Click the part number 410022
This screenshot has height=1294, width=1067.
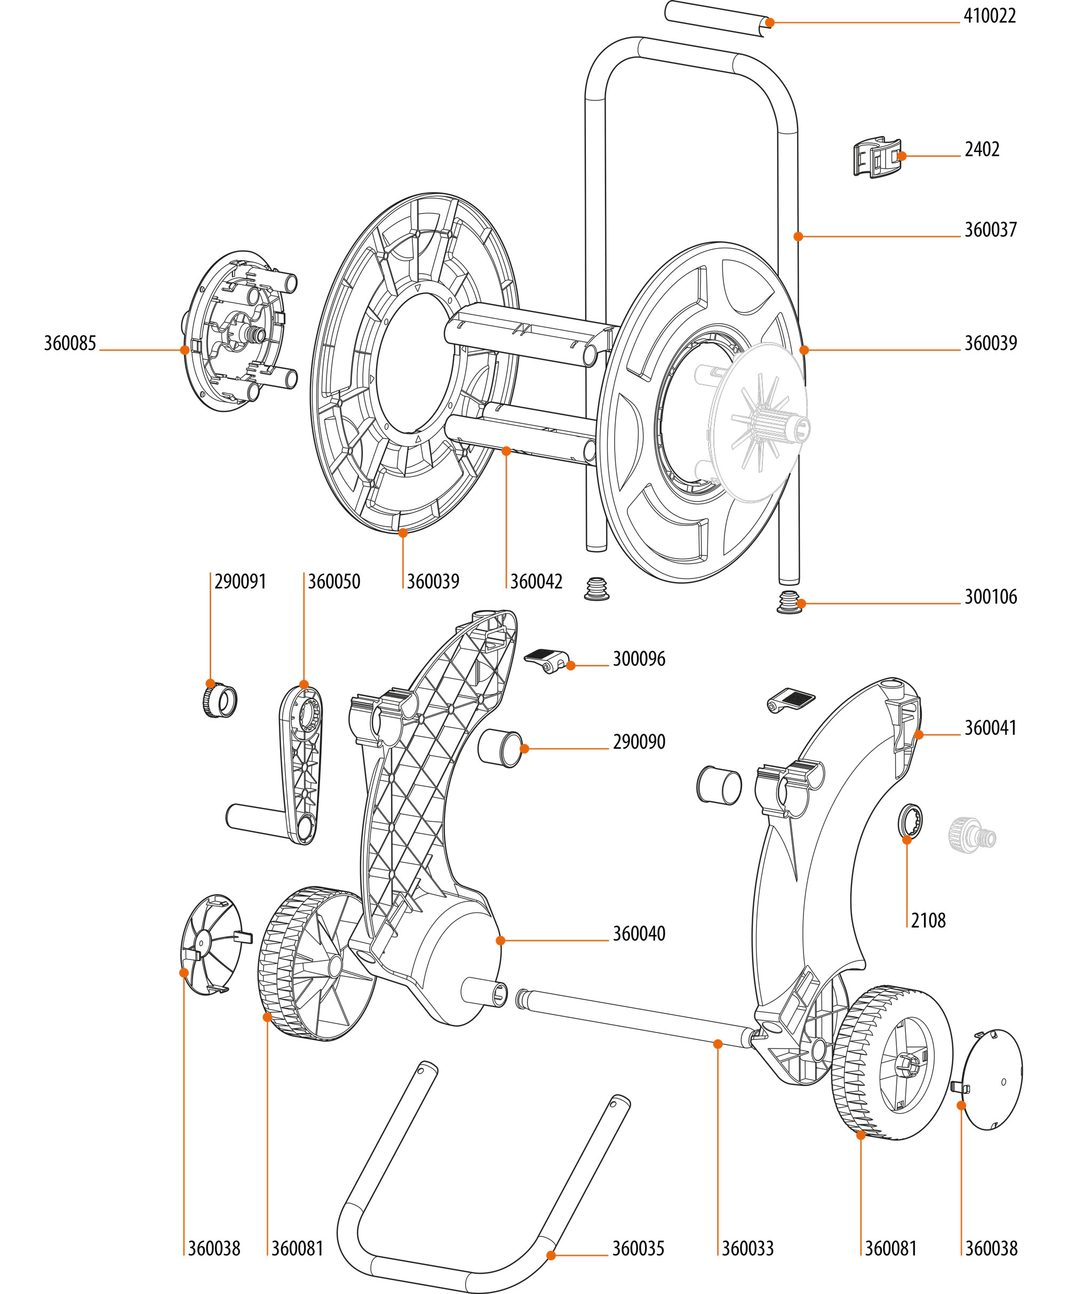pyautogui.click(x=990, y=17)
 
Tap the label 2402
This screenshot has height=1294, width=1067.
pyautogui.click(x=982, y=150)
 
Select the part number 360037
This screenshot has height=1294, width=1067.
pyautogui.click(x=990, y=231)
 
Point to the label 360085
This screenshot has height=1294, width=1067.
pyautogui.click(x=70, y=344)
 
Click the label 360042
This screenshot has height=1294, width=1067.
pyautogui.click(x=536, y=582)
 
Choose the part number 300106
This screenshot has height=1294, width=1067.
pyautogui.click(x=990, y=597)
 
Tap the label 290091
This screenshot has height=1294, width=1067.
pyautogui.click(x=240, y=582)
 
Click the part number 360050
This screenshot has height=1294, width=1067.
pyautogui.click(x=334, y=582)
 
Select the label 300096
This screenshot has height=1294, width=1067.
pyautogui.click(x=639, y=659)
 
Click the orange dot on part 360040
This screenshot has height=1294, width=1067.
pyautogui.click(x=500, y=941)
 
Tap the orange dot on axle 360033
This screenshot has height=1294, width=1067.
pyautogui.click(x=717, y=1044)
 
